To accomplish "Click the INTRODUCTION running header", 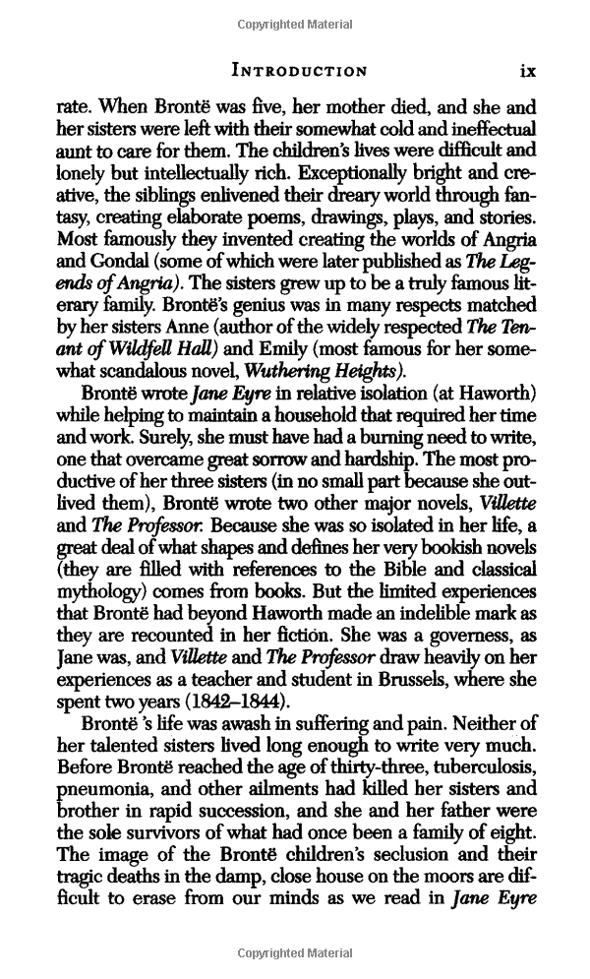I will (299, 71).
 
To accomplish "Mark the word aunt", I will (75, 153).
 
